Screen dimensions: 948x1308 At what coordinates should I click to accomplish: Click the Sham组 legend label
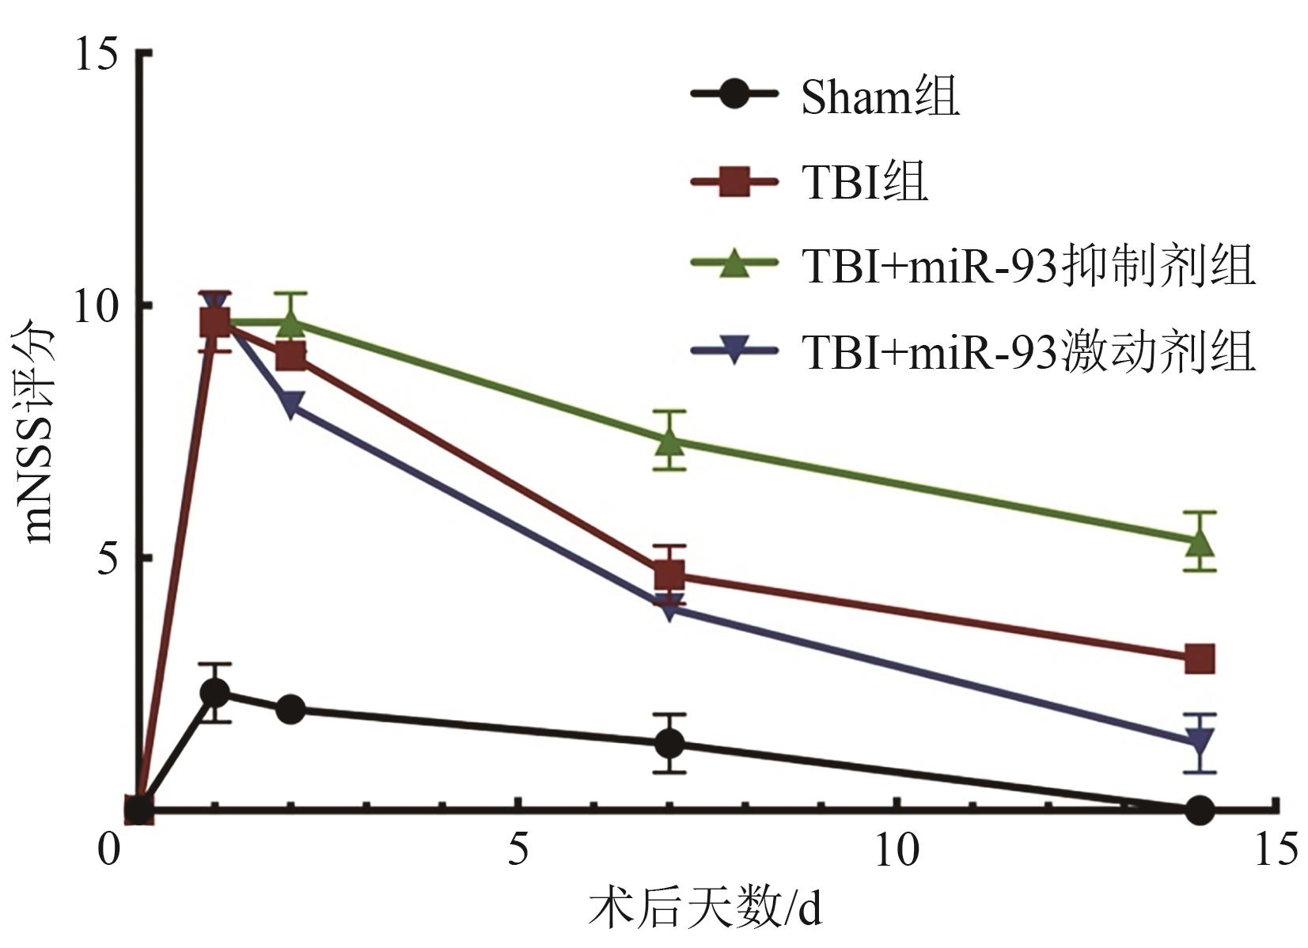880,97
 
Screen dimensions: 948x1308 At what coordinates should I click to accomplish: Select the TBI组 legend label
864,183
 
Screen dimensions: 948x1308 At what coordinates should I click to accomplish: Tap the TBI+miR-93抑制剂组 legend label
1028,266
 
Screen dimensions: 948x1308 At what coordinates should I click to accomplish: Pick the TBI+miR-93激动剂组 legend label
1028,351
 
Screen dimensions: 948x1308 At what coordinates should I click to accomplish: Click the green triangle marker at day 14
1200,542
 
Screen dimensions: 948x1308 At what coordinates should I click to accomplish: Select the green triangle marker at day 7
669,441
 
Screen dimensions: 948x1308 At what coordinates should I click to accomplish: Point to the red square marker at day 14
1200,658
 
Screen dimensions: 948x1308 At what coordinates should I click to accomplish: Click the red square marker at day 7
669,574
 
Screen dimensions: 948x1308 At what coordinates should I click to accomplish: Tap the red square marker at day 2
291,357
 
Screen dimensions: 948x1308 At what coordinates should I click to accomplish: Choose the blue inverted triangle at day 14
1200,742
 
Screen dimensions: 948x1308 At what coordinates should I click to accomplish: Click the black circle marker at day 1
215,693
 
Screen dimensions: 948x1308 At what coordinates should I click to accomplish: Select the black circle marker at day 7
669,743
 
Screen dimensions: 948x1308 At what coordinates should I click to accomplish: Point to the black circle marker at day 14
1200,810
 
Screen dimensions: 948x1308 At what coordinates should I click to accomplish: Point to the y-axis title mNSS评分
40,431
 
